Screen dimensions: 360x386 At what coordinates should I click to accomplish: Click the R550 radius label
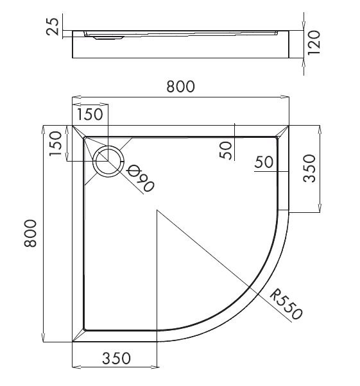286,305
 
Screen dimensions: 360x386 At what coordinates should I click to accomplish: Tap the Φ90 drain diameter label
140,178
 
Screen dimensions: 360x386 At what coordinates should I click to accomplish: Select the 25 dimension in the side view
53,26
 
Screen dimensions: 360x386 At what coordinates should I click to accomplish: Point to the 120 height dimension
314,43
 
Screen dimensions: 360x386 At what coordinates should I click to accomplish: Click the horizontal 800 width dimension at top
180,87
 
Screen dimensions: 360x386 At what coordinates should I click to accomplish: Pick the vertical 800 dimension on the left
30,233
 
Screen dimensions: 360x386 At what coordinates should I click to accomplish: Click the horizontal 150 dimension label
90,115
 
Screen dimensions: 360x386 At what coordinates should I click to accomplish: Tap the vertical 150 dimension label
55,144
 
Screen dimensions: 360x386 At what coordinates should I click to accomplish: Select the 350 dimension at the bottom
116,358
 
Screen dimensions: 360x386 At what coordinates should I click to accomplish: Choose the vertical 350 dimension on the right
309,169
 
